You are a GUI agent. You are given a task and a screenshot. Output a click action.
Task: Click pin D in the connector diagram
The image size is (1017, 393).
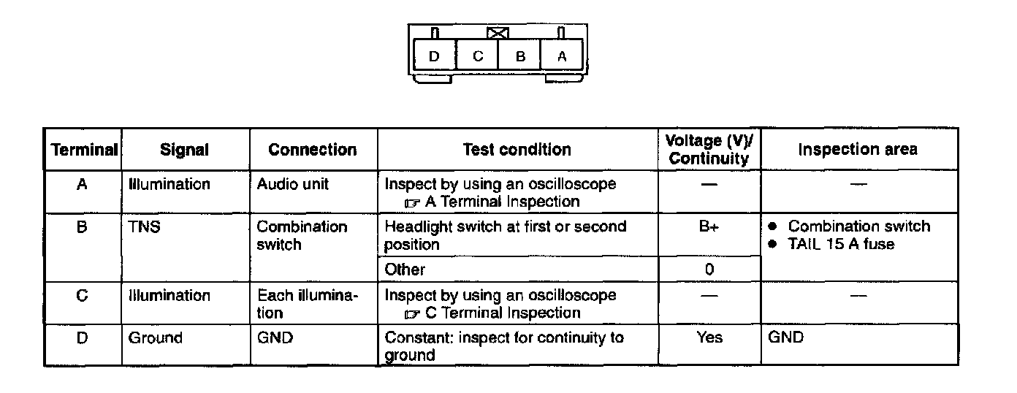pyautogui.click(x=434, y=56)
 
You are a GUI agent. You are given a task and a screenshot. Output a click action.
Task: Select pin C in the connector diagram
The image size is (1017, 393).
pyautogui.click(x=477, y=56)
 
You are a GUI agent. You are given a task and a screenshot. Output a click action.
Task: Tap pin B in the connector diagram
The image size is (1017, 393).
pyautogui.click(x=519, y=56)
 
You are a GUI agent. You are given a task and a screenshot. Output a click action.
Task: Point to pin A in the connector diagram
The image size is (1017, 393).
pyautogui.click(x=561, y=56)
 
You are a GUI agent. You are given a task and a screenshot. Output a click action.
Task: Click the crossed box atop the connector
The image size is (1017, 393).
pyautogui.click(x=498, y=33)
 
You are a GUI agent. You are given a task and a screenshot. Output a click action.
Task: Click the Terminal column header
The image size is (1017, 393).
pyautogui.click(x=83, y=150)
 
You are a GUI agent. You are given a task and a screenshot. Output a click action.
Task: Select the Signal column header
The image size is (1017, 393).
pyautogui.click(x=184, y=150)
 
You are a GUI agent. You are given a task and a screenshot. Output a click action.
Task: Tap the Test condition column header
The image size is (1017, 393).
pyautogui.click(x=517, y=150)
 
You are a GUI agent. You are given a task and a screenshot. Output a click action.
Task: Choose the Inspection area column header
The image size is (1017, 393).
pyautogui.click(x=858, y=150)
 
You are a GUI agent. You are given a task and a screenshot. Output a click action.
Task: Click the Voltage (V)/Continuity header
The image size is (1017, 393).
pyautogui.click(x=709, y=150)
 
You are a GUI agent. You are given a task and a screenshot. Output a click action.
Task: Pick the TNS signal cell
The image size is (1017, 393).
pyautogui.click(x=144, y=227)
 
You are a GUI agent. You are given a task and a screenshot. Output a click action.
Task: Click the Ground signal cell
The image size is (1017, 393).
pyautogui.click(x=155, y=337)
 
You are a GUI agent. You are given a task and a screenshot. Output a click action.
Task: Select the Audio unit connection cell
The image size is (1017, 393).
pyautogui.click(x=292, y=185)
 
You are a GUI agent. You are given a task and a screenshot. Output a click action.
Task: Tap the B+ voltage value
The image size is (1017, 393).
pyautogui.click(x=709, y=227)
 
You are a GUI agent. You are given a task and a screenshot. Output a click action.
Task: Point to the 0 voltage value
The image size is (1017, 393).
pyautogui.click(x=709, y=270)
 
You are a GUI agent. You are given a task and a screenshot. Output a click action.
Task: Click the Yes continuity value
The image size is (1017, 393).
pyautogui.click(x=709, y=337)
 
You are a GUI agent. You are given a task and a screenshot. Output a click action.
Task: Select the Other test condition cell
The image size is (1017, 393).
pyautogui.click(x=405, y=270)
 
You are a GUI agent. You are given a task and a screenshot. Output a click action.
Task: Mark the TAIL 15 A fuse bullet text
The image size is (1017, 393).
pyautogui.click(x=840, y=245)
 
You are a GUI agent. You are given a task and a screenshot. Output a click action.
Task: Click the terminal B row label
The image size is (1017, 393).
pyautogui.click(x=82, y=227)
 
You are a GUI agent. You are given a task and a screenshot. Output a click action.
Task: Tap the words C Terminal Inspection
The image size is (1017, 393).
pyautogui.click(x=502, y=313)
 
